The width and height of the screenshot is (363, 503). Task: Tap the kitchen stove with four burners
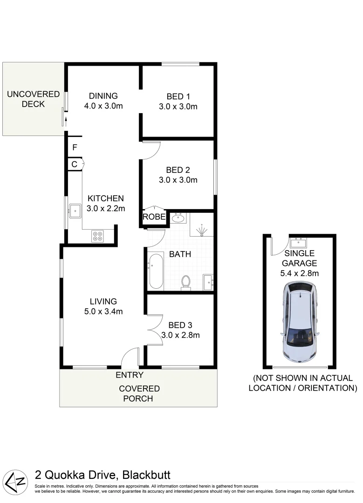[x=98, y=236]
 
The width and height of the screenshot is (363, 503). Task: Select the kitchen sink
[x=75, y=211]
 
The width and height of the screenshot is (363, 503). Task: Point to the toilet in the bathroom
[x=186, y=282]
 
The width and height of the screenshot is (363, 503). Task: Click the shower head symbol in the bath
[x=201, y=229]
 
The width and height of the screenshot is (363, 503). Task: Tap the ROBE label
[x=154, y=217]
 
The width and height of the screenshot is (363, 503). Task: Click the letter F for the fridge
[x=74, y=148]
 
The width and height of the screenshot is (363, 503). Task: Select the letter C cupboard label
[x=74, y=164]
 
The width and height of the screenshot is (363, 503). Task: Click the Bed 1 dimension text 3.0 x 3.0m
[x=178, y=106]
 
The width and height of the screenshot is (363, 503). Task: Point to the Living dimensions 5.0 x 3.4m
[x=103, y=311]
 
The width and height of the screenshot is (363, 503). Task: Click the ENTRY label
[x=130, y=375]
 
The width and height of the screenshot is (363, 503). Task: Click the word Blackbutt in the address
[x=147, y=475]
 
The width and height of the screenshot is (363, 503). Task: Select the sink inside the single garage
[x=298, y=242]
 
